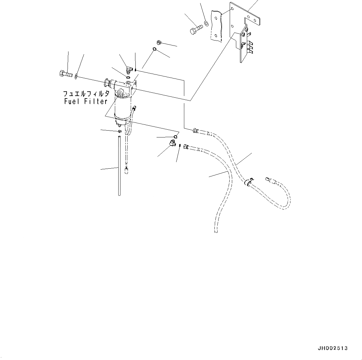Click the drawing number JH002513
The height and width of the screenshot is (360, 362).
pyautogui.click(x=332, y=348)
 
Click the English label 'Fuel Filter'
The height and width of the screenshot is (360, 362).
pyautogui.click(x=86, y=101)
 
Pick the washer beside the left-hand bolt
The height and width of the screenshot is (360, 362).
pyautogui.click(x=76, y=76)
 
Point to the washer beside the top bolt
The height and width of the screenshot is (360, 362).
pyautogui.click(x=206, y=23)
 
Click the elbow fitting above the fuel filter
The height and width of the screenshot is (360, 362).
pyautogui.click(x=129, y=68)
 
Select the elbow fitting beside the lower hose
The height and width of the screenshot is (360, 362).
pyautogui.click(x=172, y=143)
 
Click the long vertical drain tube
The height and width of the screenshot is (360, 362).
pyautogui.click(x=119, y=165)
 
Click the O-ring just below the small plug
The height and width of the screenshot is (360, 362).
pyautogui.click(x=154, y=49)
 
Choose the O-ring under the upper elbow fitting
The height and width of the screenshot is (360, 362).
pyautogui.click(x=128, y=77)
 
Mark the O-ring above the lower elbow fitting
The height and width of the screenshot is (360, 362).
pyautogui.click(x=176, y=136)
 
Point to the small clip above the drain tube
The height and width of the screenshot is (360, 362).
pyautogui.click(x=120, y=131)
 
